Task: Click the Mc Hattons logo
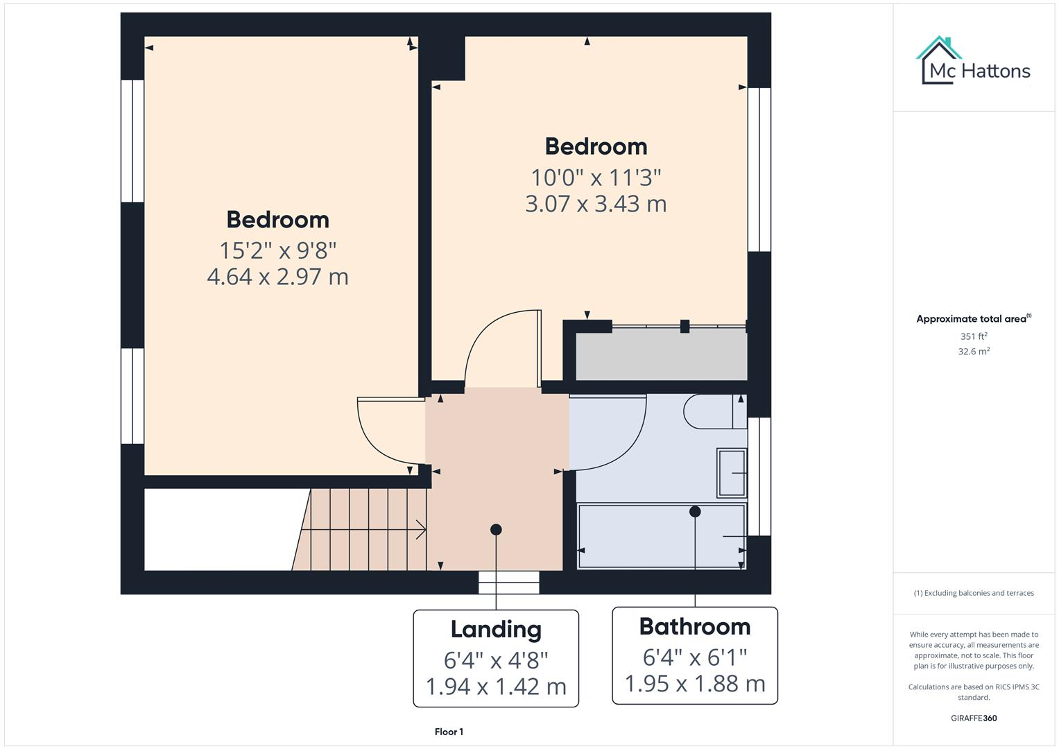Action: (x=973, y=62)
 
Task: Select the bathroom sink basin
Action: (x=731, y=473)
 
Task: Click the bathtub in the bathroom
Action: (x=661, y=536)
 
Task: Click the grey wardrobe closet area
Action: (x=661, y=354)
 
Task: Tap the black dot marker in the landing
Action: (x=496, y=530)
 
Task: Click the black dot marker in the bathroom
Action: (x=695, y=512)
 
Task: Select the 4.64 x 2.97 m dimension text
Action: (x=277, y=277)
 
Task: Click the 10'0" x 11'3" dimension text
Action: (x=596, y=178)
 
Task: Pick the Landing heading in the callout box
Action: (x=496, y=630)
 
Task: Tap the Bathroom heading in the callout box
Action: (x=695, y=627)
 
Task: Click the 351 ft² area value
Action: (x=974, y=336)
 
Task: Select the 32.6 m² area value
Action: (x=974, y=352)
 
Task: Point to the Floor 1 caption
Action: (x=449, y=732)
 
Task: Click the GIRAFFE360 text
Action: (x=974, y=718)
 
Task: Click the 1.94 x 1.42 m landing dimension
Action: (x=496, y=687)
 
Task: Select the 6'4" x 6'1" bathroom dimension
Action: (x=695, y=656)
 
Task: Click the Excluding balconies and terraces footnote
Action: (x=974, y=593)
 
